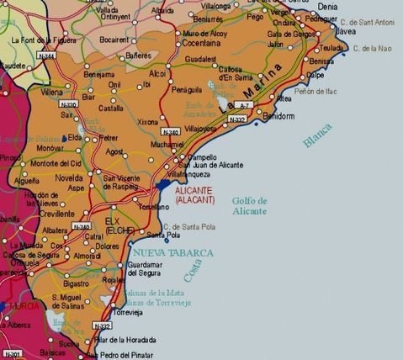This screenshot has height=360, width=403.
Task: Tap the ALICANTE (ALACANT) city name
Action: pos(195,195)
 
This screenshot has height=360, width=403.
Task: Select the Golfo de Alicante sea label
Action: pos(249,206)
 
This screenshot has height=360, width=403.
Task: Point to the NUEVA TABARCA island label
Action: pos(173,252)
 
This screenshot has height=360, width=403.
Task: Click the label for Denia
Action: pos(327,6)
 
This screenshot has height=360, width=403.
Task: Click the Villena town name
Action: pos(53,92)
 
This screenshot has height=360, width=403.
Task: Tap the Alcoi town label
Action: pos(158,73)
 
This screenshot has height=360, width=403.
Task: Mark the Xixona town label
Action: pos(147,123)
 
